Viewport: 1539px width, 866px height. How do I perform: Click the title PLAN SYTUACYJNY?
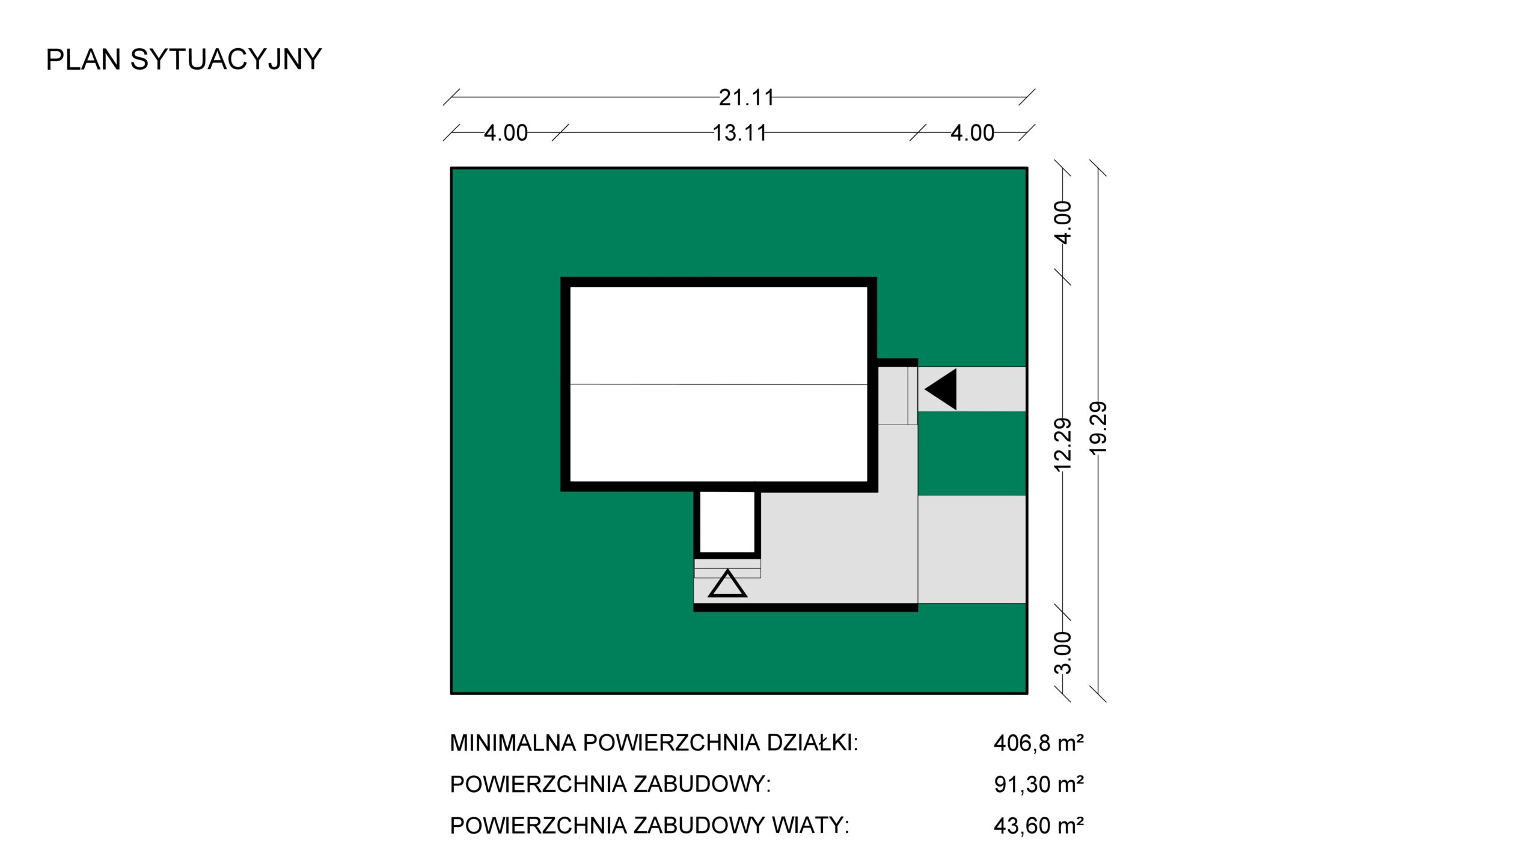[184, 60]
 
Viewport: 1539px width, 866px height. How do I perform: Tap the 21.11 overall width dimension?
[746, 97]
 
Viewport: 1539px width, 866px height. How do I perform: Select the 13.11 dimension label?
[739, 133]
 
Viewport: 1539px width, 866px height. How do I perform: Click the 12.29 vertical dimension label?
[1063, 444]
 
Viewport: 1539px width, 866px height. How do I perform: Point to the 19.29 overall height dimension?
[1098, 428]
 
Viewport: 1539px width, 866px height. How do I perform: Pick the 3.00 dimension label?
[1063, 653]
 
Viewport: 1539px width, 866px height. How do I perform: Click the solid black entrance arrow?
[941, 390]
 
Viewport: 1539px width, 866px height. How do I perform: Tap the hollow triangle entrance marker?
[727, 584]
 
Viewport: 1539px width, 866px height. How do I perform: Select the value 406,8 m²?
[1039, 743]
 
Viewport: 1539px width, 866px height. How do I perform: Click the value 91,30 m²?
[1039, 784]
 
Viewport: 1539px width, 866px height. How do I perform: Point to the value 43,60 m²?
[1039, 826]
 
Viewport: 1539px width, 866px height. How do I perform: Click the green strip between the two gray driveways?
[971, 453]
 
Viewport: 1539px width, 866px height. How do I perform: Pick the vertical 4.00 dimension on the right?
[1063, 222]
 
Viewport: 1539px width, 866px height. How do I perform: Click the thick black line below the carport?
[806, 608]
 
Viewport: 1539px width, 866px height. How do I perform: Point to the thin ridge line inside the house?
[718, 384]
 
